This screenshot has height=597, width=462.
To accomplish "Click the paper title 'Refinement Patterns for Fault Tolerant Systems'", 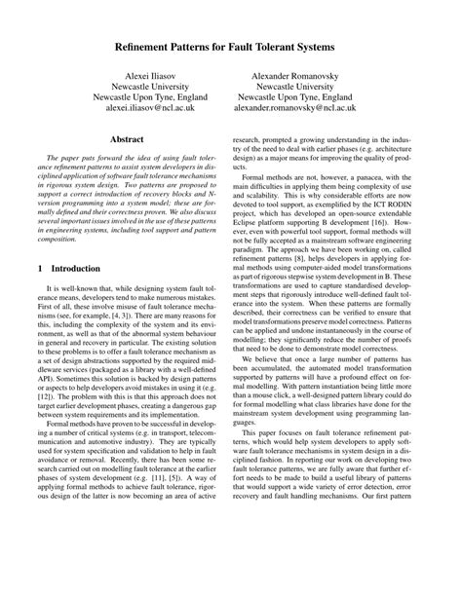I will pos(231,45).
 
